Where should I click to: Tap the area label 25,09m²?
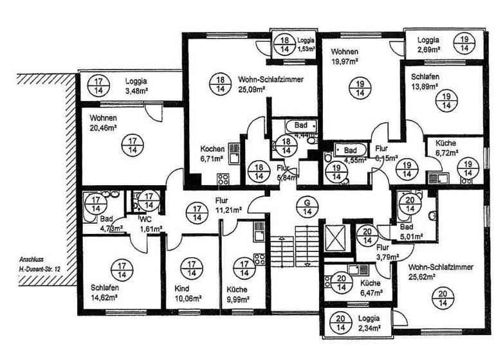(x=252, y=90)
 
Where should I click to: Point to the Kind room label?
(x=182, y=287)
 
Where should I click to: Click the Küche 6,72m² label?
(x=446, y=148)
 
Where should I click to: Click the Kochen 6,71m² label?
(x=212, y=152)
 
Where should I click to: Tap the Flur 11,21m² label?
(x=228, y=205)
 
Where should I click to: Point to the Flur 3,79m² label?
(x=387, y=250)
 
